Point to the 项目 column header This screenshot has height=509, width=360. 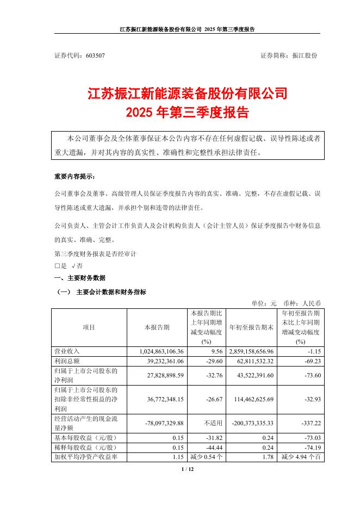89,327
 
